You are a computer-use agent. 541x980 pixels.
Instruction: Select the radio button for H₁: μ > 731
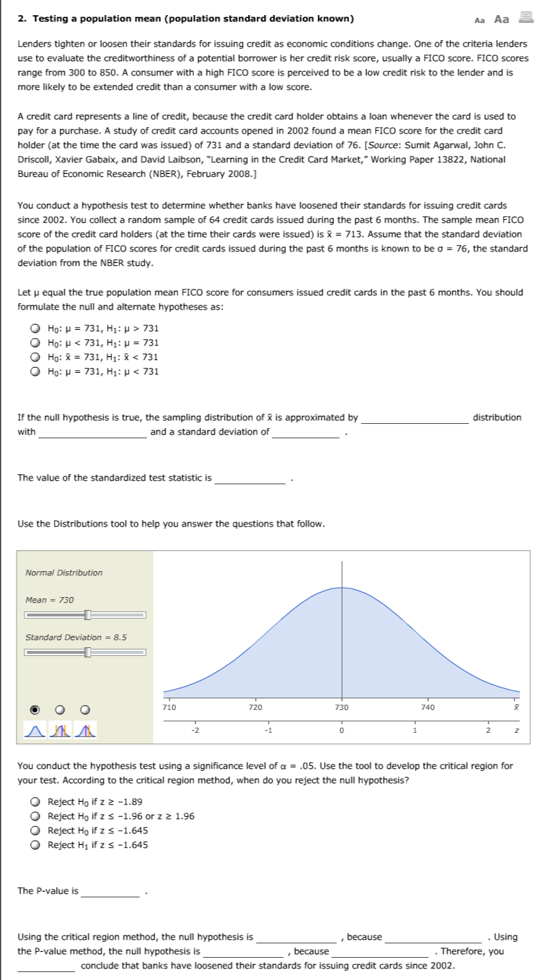34,328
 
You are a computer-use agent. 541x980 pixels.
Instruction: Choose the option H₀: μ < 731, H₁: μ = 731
34,343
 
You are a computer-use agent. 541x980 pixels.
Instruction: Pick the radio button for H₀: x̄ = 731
34,357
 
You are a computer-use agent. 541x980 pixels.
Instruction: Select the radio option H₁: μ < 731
34,371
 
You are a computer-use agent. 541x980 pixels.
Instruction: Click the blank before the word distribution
415,418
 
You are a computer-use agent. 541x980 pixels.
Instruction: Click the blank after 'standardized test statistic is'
250,479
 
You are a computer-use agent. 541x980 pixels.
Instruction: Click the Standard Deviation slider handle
88,652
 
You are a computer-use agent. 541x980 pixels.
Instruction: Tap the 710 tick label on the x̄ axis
169,708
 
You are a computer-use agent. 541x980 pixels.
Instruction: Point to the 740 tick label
428,708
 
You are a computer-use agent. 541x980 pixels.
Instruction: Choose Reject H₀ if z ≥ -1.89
34,802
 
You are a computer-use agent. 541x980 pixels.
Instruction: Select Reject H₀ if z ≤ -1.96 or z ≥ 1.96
34,816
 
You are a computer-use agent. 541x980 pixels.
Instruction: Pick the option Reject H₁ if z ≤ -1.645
34,845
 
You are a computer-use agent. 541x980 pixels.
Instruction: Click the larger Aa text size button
501,19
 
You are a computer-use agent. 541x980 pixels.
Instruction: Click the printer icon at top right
523,19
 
